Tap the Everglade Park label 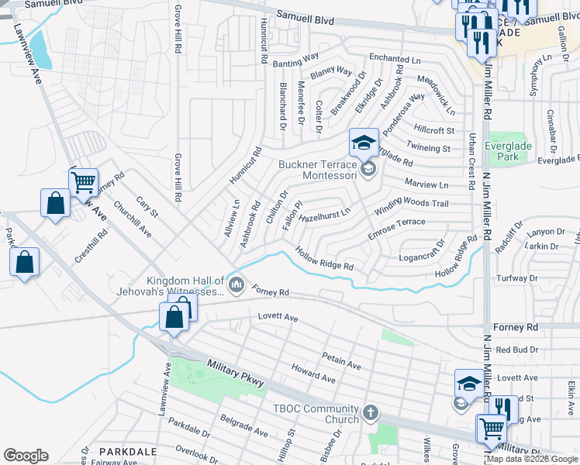[513, 150]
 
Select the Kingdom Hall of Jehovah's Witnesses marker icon [237, 287]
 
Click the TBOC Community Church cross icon [371, 412]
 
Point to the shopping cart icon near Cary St [83, 182]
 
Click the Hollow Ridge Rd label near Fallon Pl [325, 258]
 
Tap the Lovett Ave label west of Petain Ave [278, 318]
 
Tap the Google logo [26, 456]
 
